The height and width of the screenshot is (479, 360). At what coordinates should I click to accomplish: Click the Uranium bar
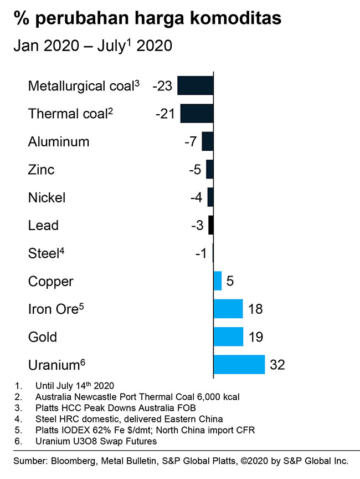point(239,365)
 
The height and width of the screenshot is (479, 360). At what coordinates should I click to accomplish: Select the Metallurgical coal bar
point(195,86)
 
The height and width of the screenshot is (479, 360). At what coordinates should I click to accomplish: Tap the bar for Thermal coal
point(197,114)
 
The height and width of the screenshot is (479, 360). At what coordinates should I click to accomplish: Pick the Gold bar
point(228,337)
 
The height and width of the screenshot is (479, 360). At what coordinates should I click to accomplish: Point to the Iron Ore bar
point(228,309)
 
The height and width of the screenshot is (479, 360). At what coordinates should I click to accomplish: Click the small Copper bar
point(217,281)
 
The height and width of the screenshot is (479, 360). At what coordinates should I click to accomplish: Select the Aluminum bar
point(207,141)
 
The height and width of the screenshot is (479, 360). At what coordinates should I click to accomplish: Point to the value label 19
point(255,337)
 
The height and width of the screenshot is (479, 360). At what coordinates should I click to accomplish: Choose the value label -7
point(190,141)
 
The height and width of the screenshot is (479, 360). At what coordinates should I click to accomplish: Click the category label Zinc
point(41,169)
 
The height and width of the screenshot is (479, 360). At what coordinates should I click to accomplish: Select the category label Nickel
point(47,197)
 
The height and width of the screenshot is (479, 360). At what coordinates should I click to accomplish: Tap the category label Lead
point(43,225)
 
